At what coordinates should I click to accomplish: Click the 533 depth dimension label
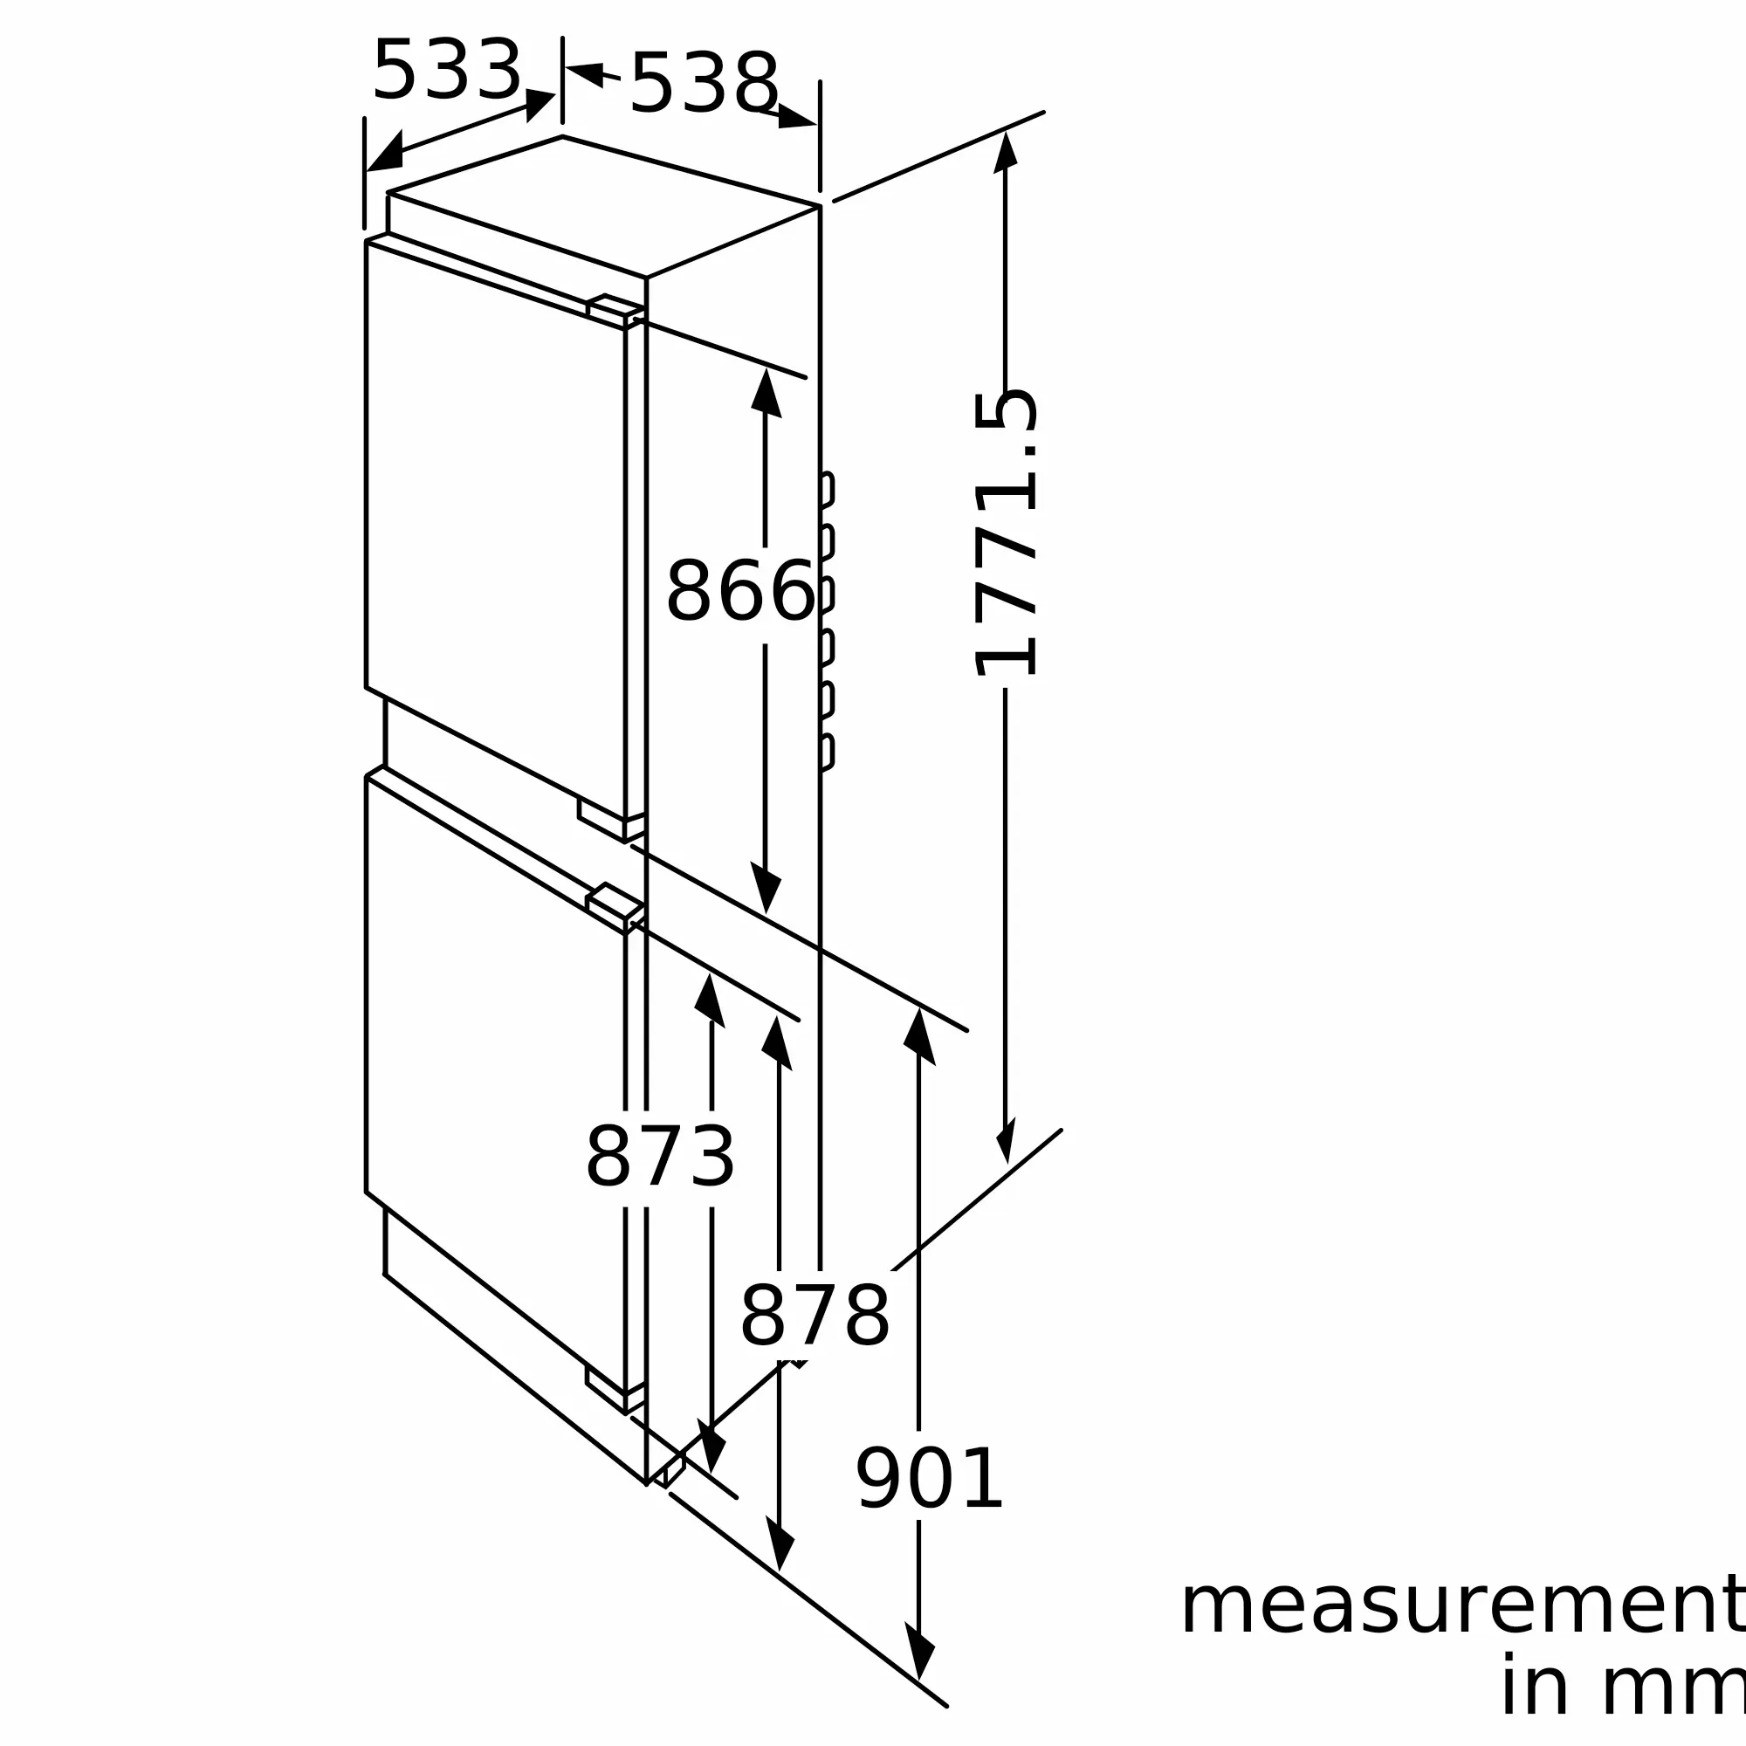[447, 70]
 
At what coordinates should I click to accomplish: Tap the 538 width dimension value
[704, 83]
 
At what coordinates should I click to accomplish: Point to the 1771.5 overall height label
[1005, 533]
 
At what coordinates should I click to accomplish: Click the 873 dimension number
[661, 1157]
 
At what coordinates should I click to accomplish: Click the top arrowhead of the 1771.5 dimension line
[1005, 151]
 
